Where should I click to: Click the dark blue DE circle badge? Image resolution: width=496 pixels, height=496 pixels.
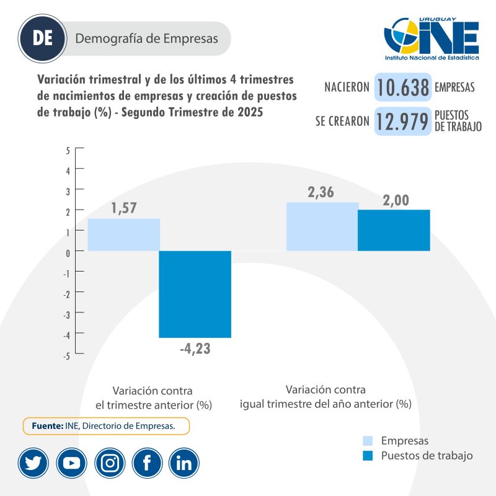click(43, 38)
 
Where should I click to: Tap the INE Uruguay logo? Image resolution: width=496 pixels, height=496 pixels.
click(432, 39)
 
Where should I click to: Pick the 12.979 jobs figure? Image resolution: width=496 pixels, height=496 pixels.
click(402, 122)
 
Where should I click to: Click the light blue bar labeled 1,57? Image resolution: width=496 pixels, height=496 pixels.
click(123, 234)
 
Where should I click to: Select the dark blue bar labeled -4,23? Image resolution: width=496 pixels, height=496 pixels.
click(195, 294)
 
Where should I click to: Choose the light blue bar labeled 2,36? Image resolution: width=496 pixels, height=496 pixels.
click(322, 226)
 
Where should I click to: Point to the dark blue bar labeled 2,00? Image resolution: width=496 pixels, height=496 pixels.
click(394, 230)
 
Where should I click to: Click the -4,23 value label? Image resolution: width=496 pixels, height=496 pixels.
click(195, 348)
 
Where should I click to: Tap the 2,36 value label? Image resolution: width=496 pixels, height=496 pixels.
click(321, 193)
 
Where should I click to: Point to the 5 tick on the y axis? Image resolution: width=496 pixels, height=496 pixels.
click(68, 149)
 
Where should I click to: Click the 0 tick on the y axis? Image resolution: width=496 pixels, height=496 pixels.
click(68, 251)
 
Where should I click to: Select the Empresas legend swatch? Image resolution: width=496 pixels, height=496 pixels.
click(368, 441)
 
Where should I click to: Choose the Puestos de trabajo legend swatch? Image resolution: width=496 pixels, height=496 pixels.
click(368, 456)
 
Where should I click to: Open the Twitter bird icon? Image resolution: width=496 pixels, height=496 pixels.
click(33, 463)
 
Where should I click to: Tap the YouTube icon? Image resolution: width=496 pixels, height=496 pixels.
click(71, 463)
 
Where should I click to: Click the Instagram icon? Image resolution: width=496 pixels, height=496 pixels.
click(110, 463)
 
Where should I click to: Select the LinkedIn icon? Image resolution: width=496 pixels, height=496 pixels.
click(184, 463)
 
